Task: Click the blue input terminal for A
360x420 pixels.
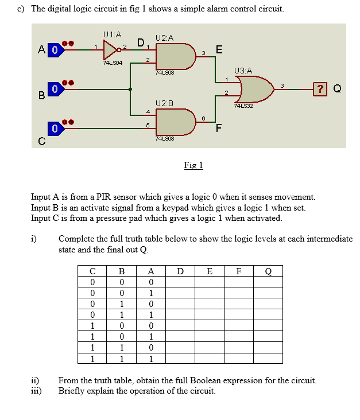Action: point(54,50)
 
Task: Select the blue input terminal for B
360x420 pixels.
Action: point(54,89)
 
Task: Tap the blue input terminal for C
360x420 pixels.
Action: point(54,129)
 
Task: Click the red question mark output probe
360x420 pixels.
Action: point(320,88)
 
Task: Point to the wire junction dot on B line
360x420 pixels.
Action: point(131,89)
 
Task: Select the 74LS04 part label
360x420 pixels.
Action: point(112,63)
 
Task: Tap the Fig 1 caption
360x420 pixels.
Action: point(193,165)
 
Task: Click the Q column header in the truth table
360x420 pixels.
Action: point(268,271)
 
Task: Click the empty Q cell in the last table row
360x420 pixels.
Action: point(268,359)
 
